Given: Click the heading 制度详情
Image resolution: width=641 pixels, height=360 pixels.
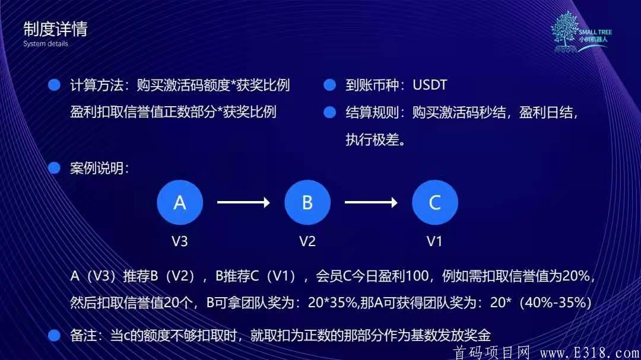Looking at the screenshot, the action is (x=55, y=29).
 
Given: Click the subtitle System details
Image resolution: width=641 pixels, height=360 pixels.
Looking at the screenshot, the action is (x=45, y=44).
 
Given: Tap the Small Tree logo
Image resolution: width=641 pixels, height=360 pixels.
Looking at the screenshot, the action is (x=581, y=32).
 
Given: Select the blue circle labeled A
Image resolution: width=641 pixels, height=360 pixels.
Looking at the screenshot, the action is (x=180, y=202).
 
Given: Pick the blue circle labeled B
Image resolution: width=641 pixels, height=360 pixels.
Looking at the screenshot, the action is (x=307, y=202).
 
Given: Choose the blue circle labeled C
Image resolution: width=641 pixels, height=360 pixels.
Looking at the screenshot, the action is (x=435, y=202).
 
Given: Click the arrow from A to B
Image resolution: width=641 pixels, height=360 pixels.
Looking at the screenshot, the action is (x=243, y=202).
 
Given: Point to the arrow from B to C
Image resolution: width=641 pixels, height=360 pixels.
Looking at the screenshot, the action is (x=371, y=202).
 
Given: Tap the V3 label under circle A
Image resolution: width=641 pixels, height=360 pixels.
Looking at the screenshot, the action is (x=179, y=241).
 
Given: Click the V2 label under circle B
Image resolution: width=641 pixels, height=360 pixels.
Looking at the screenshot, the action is (x=307, y=241).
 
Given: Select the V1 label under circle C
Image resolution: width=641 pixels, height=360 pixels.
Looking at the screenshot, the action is (x=434, y=241).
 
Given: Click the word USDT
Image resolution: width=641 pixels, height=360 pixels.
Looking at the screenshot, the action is (x=430, y=85).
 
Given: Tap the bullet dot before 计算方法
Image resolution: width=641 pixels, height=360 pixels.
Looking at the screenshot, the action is (x=55, y=85).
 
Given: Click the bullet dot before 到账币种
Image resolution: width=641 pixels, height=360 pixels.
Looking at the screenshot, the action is (x=329, y=85).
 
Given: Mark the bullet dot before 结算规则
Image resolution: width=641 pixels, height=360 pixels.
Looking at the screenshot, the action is (x=329, y=112).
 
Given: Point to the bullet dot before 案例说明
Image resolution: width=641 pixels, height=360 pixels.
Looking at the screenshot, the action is (x=55, y=168).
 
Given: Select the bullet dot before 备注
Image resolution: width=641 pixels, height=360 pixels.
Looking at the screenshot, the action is (x=55, y=336).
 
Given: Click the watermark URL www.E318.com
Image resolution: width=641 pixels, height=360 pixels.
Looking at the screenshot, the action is (x=589, y=352).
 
